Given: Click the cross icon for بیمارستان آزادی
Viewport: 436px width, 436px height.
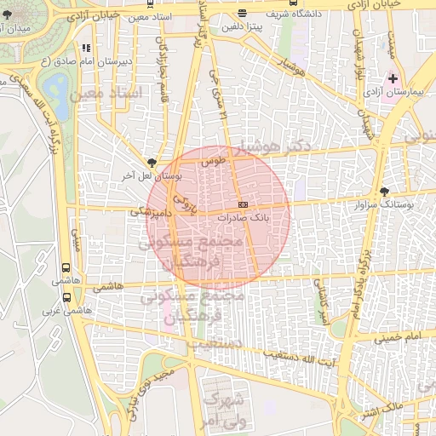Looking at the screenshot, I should [x=392, y=78].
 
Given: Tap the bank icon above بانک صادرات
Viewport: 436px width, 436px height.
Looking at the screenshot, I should [x=243, y=205].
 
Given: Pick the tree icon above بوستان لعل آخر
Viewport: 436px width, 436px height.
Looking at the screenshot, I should [x=152, y=162].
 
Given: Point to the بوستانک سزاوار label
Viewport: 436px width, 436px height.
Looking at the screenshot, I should [x=393, y=204].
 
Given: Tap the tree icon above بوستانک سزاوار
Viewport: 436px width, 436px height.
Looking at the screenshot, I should [x=384, y=192].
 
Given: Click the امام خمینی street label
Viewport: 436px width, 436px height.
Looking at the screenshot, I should [x=397, y=337].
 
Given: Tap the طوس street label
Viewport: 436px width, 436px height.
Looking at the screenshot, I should [x=210, y=159].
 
